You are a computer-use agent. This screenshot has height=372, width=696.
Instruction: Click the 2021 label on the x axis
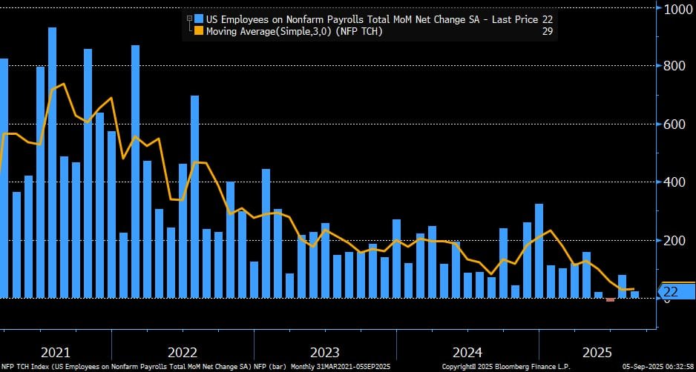coord(56,351)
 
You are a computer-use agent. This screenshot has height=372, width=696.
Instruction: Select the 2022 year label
coord(183,351)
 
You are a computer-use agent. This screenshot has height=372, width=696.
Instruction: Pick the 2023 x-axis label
coord(325,351)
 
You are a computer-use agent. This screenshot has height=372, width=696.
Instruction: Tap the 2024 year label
coord(467,351)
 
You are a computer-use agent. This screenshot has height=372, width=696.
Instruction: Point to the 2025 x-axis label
coord(598,351)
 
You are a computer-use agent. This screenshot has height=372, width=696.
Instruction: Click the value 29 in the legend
coord(547,30)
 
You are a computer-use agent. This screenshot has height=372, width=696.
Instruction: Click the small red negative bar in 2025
coord(610,299)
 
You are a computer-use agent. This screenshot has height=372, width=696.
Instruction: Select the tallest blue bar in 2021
coord(53,163)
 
